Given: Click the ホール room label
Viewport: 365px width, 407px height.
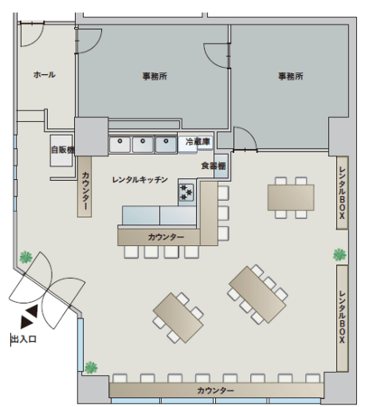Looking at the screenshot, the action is [44, 74].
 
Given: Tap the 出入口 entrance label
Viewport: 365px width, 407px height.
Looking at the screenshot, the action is [23, 339].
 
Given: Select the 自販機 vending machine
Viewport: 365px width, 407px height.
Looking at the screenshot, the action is [61, 150].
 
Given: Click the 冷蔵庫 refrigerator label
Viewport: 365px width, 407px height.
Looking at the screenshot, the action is [198, 141].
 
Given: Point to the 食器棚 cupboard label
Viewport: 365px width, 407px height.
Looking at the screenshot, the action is [213, 166].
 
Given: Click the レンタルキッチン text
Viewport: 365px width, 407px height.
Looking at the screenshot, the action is [140, 180].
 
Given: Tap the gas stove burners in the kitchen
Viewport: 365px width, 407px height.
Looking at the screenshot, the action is [187, 192].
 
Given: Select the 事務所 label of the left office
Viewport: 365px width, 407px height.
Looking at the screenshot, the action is [154, 76].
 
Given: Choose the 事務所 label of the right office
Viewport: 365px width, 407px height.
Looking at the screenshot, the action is [290, 76].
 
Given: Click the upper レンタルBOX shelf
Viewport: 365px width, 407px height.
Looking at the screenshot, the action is [342, 193].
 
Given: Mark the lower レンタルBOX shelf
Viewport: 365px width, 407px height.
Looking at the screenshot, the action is [342, 317].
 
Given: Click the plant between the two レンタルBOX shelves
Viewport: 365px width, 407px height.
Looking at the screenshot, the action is [340, 255].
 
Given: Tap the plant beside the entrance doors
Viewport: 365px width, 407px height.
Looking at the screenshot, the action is [26, 257].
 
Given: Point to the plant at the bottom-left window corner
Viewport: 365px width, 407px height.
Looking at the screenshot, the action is [91, 367].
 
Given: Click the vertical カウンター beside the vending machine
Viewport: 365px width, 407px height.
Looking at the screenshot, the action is [85, 186].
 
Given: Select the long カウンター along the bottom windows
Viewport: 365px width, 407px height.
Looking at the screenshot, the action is [216, 391].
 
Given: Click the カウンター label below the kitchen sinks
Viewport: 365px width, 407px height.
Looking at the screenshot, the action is [165, 237].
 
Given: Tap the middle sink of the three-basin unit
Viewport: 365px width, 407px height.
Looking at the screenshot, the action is [143, 145].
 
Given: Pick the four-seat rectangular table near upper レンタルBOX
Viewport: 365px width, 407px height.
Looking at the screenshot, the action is [291, 197].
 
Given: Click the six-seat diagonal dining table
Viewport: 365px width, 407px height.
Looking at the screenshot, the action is [257, 294].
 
